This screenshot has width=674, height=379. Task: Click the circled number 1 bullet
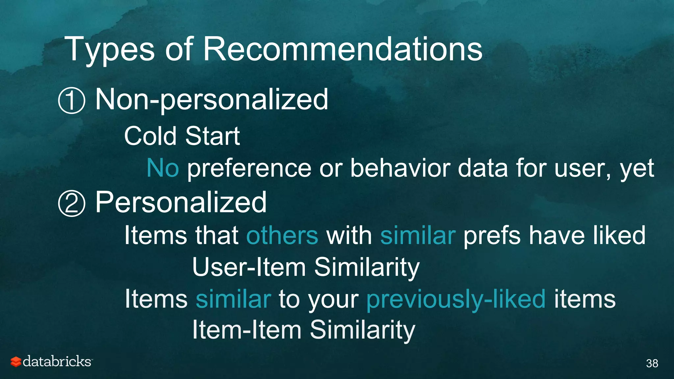pyautogui.click(x=71, y=101)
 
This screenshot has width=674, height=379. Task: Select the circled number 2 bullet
pyautogui.click(x=71, y=203)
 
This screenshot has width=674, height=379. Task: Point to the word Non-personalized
pyautogui.click(x=212, y=100)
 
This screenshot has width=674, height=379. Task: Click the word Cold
pyautogui.click(x=150, y=136)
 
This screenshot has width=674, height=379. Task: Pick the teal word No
pyautogui.click(x=163, y=168)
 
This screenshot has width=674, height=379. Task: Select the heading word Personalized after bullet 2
pyautogui.click(x=181, y=202)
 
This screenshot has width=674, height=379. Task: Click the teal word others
pyautogui.click(x=282, y=236)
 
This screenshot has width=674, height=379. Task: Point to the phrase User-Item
pyautogui.click(x=249, y=267)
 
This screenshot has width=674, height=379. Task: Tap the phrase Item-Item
pyautogui.click(x=247, y=330)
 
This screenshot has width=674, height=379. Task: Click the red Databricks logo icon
pyautogui.click(x=16, y=362)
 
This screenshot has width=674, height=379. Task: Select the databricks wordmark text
pyautogui.click(x=57, y=362)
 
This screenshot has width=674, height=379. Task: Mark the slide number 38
pyautogui.click(x=652, y=363)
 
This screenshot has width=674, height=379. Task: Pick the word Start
pyautogui.click(x=212, y=136)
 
